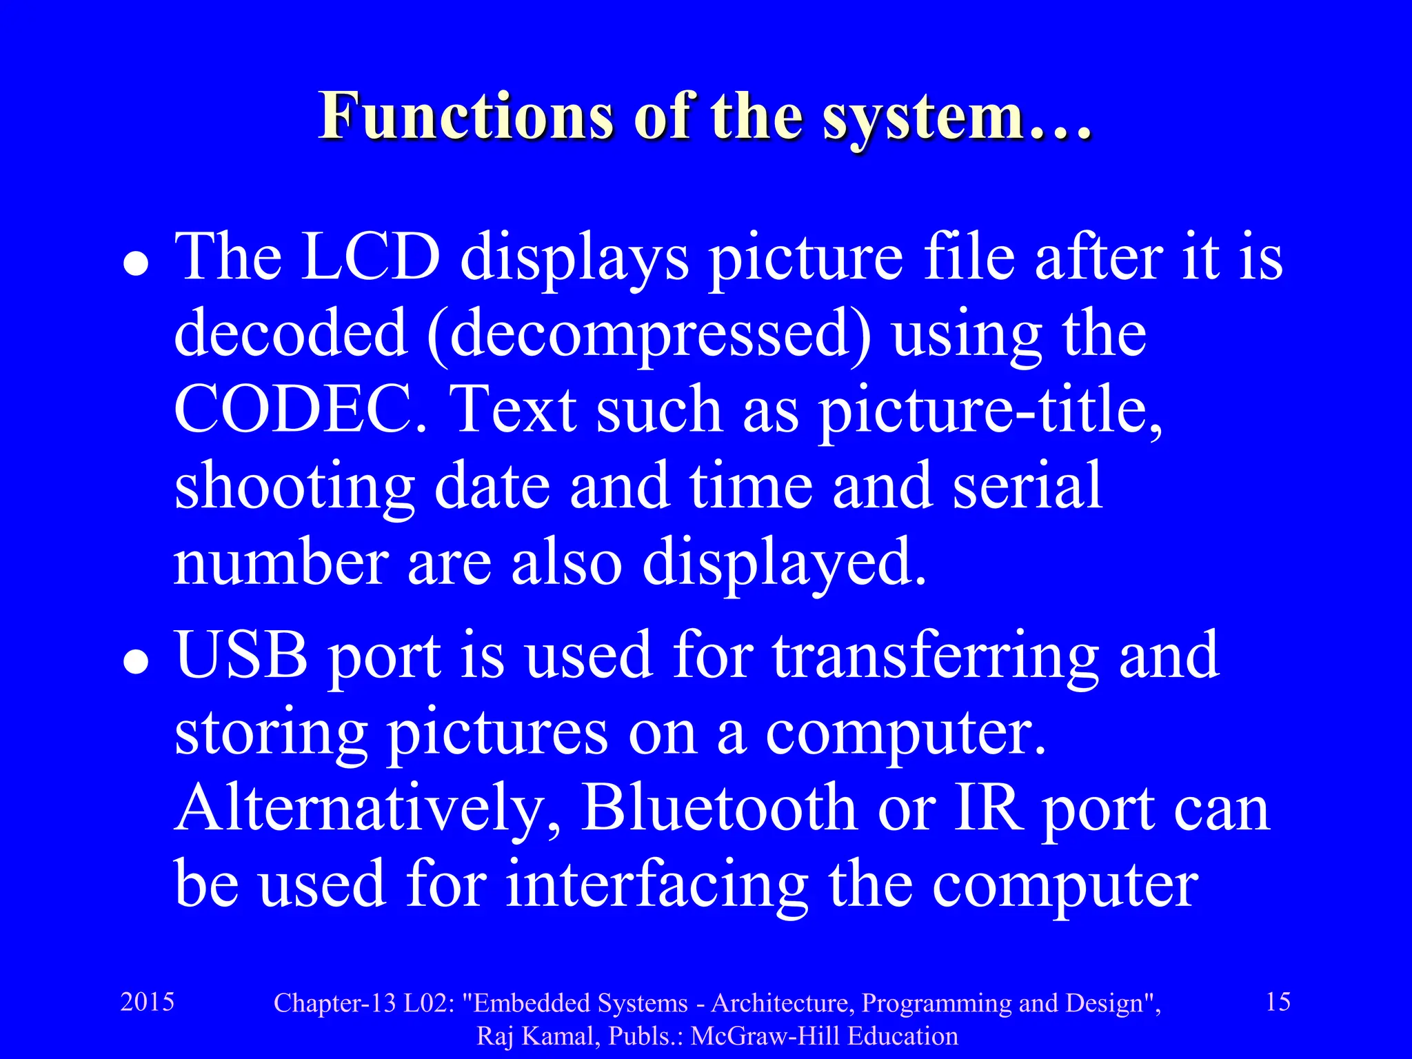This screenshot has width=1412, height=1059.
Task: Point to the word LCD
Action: point(370,258)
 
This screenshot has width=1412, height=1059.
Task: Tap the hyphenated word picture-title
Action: point(990,411)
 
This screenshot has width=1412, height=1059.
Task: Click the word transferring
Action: point(935,657)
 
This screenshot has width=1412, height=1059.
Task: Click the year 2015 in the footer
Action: point(148,1002)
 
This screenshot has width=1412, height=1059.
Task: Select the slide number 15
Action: point(1278,1002)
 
